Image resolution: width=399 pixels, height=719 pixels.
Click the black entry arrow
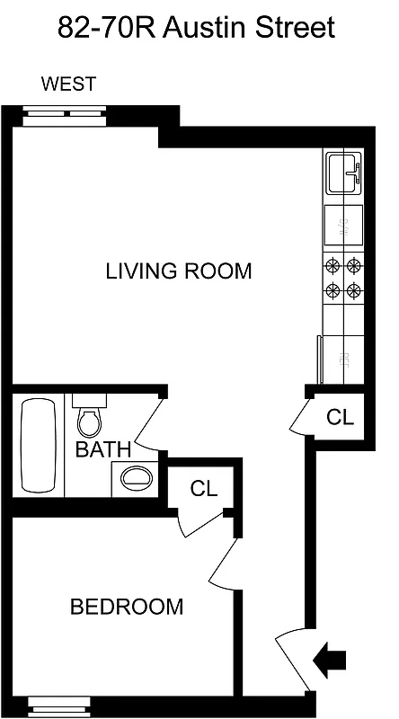point(331,661)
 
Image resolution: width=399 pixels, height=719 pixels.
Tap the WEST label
point(68,85)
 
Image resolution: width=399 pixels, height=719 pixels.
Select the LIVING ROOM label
point(179,271)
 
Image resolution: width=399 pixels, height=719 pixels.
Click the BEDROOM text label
point(127,607)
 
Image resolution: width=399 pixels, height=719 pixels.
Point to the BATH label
point(103,448)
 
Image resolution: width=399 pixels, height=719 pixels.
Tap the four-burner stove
point(343,279)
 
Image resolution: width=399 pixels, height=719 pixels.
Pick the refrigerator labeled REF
point(341,359)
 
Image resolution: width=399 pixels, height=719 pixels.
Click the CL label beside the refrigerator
point(340,417)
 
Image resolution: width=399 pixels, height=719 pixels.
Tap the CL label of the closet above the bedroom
point(205,489)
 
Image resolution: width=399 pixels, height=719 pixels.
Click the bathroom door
point(147,422)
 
